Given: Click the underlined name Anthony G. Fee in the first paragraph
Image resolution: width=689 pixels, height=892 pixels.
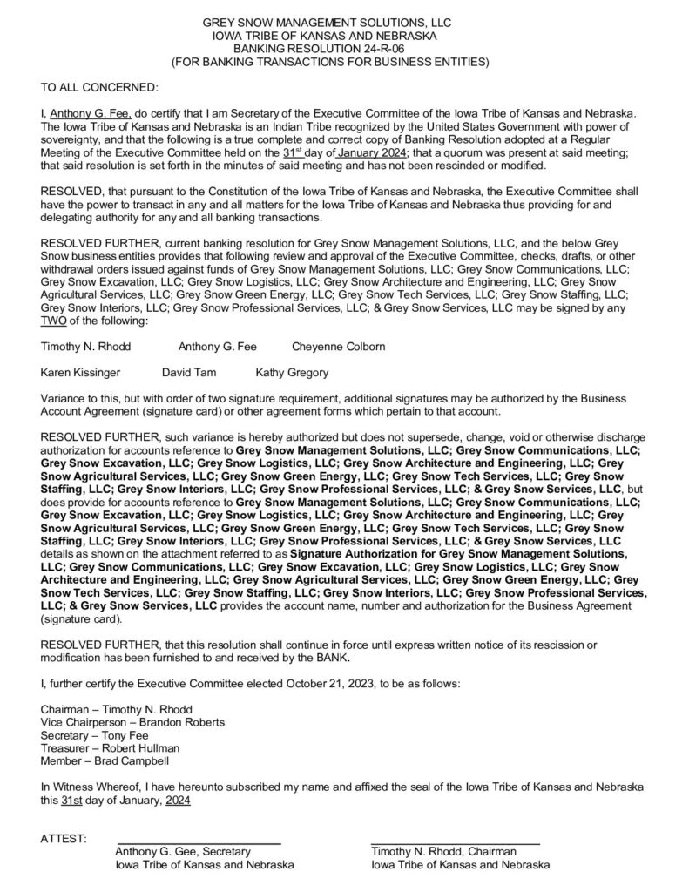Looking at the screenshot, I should click(x=85, y=113).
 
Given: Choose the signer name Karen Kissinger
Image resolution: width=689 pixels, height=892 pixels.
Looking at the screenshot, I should click(x=81, y=373).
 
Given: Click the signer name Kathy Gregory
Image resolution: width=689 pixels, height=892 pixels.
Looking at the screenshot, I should click(x=292, y=373).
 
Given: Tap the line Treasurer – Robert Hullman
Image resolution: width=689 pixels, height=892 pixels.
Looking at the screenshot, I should click(x=111, y=748).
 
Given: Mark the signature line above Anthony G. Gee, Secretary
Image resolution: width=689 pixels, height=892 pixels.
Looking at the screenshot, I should click(x=199, y=843).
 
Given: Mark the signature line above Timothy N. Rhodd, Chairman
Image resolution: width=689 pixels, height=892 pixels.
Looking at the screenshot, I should click(x=455, y=843).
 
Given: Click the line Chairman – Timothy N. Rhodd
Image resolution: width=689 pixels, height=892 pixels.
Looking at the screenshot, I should click(x=117, y=709).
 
